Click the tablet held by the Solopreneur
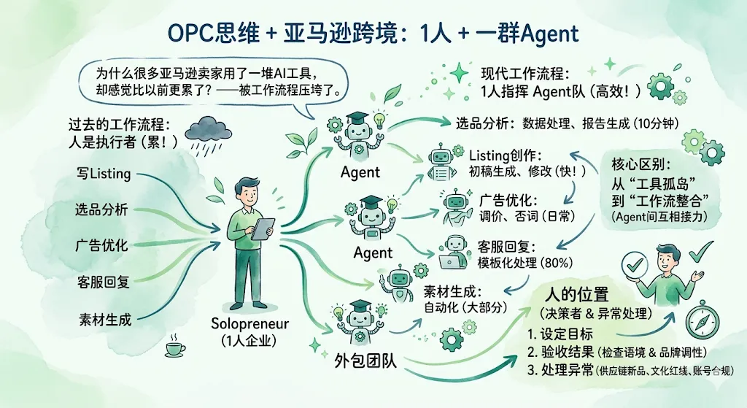pyautogui.click(x=263, y=228)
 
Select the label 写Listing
pyautogui.click(x=104, y=174)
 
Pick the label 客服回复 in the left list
pyautogui.click(x=104, y=282)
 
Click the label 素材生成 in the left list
pyautogui.click(x=105, y=319)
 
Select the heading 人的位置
pyautogui.click(x=576, y=296)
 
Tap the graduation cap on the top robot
pyautogui.click(x=357, y=118)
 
